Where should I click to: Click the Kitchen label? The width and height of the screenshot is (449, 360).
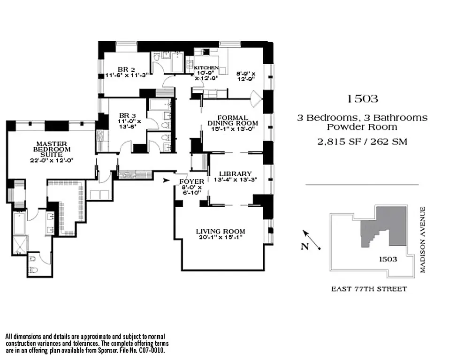pos(207,68)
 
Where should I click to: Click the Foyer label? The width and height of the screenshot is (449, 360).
pos(191,181)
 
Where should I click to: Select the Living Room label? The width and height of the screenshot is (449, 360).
pos(221,231)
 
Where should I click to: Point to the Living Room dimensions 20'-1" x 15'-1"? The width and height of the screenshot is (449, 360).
pos(221,238)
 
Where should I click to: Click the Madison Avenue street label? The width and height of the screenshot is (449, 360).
pos(423,240)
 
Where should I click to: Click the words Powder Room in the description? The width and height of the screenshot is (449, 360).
pos(362,127)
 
